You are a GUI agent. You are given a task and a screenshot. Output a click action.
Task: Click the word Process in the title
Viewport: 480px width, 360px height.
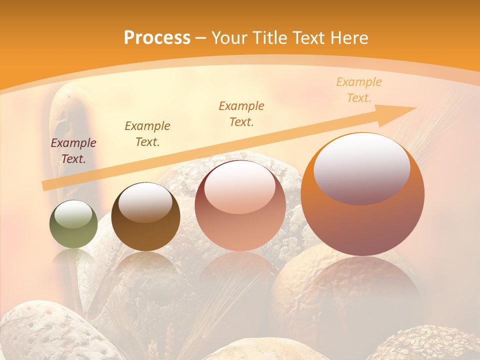(157, 37)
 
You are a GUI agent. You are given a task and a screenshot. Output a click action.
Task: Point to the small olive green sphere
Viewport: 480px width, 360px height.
(73, 224)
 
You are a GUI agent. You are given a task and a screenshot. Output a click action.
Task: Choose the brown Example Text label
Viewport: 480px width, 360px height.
(147, 133)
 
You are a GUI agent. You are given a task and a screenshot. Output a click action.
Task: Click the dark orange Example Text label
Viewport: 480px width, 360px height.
(241, 113)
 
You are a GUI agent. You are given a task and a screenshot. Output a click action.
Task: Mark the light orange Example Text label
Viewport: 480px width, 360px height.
(358, 89)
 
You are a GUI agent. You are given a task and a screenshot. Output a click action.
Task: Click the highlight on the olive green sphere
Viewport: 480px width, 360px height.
(73, 213)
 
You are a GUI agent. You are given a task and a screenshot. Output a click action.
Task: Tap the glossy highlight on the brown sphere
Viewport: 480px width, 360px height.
(145, 201)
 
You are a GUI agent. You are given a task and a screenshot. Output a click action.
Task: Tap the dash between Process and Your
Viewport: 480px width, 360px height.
(200, 38)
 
